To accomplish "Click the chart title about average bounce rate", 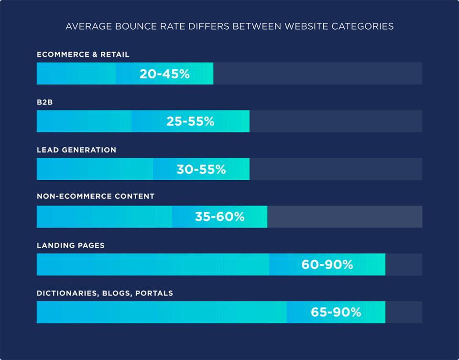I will point(229,26).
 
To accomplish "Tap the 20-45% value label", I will point(164,74).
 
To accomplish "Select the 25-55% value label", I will point(190,121).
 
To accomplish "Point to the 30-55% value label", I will point(201,169).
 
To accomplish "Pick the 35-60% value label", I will point(219,217).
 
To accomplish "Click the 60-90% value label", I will point(327,264).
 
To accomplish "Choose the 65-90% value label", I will point(336,312).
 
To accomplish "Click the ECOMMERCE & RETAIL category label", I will point(83,55).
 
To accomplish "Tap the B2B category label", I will point(44,102).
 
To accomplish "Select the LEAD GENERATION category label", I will point(76,150).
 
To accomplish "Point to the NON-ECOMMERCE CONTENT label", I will point(96,196).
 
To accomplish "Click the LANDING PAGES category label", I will point(71,245).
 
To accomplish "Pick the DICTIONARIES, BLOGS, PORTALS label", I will point(105,293).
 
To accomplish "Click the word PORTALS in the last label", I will point(154,293).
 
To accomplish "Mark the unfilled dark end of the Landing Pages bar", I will point(404,264).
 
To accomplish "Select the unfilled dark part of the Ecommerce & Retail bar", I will point(317,74).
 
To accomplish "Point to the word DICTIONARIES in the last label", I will point(68,293).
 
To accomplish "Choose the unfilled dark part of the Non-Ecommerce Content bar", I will point(344,217).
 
